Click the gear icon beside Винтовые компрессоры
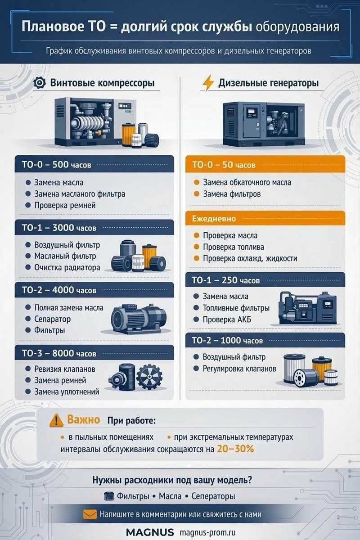(x=40, y=83)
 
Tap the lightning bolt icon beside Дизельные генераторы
(x=208, y=83)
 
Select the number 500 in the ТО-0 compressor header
(x=60, y=165)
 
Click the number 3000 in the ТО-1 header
(x=63, y=228)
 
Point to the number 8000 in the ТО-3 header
(x=63, y=353)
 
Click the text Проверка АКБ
(x=227, y=319)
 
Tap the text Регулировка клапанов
(x=239, y=369)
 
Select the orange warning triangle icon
(x=56, y=420)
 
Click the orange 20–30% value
(x=236, y=449)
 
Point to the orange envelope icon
(x=90, y=514)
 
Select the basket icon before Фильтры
(x=109, y=496)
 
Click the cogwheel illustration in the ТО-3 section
(x=149, y=377)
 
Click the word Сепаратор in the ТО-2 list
(x=53, y=319)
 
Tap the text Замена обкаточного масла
(x=247, y=182)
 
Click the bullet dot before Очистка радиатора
(x=28, y=267)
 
